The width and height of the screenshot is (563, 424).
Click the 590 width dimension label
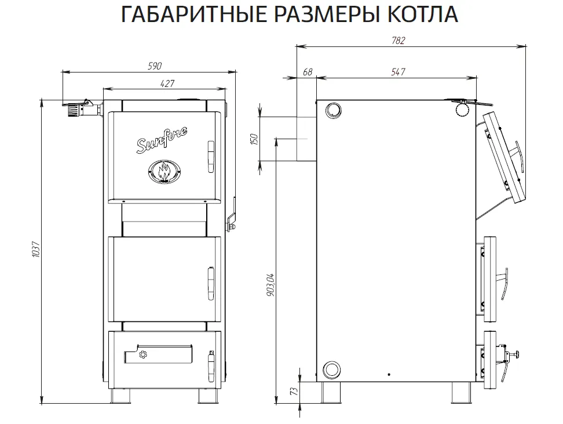[155, 66]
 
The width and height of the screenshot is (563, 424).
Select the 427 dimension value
[167, 84]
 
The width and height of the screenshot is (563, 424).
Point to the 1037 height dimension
[35, 249]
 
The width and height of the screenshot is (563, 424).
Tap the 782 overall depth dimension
[399, 41]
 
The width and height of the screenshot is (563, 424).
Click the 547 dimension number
[398, 72]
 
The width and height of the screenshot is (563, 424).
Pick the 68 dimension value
[308, 72]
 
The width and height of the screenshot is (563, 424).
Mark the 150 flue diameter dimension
[254, 139]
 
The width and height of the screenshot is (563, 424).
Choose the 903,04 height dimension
[270, 285]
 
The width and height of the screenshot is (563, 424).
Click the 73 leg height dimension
[294, 391]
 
